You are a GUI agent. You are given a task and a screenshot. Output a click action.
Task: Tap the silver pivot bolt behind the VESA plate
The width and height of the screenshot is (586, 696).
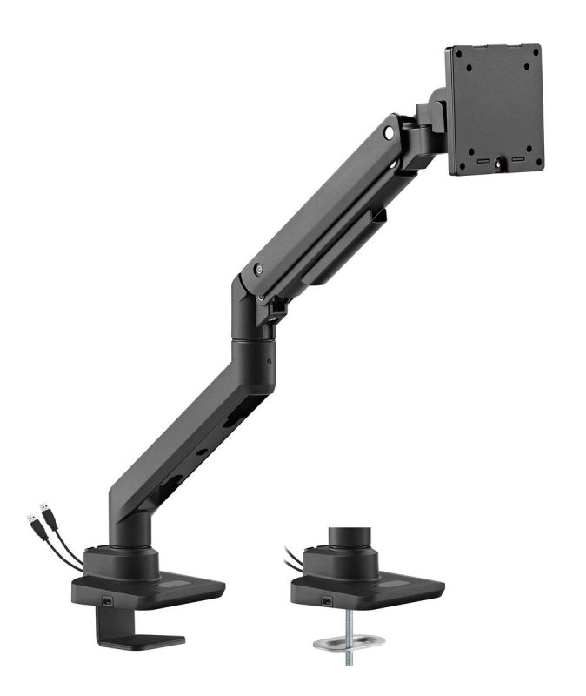(389, 133)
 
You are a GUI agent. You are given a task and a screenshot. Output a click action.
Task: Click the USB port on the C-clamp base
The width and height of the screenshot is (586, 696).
(107, 601)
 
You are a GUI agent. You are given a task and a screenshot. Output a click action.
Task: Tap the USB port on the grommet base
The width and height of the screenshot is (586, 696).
(328, 601)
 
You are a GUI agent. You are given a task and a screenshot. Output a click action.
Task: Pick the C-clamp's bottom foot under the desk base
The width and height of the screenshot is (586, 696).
(139, 640)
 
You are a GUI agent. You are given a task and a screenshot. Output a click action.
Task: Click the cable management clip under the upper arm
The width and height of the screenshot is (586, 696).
(276, 306)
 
